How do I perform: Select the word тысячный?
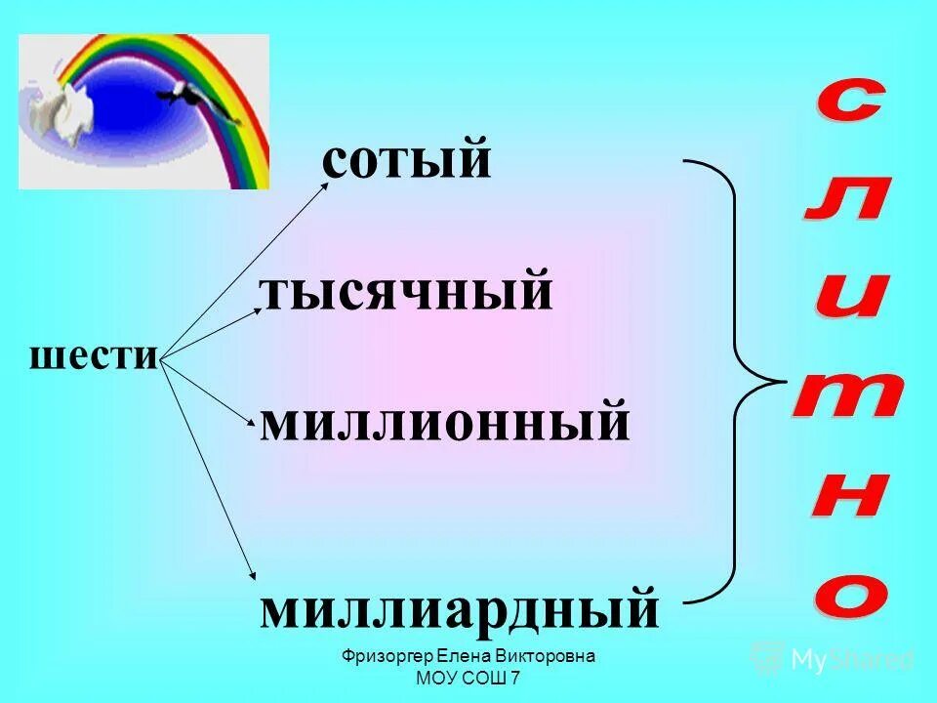(405, 292)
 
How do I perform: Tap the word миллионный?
(444, 423)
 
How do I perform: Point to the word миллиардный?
(459, 607)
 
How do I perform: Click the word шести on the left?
(94, 355)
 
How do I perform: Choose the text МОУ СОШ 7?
(468, 678)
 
